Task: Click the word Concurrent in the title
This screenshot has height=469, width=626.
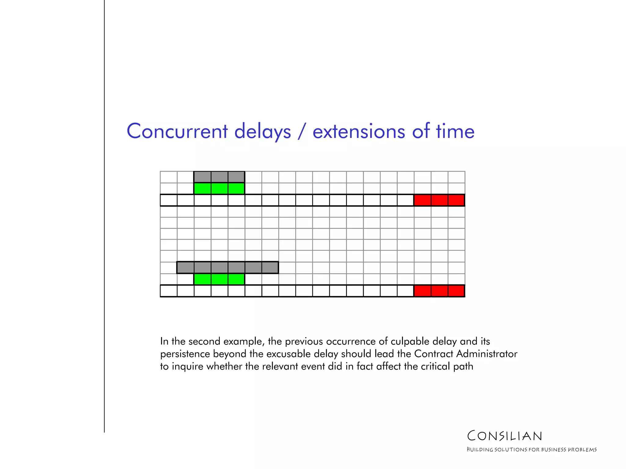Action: pos(177,131)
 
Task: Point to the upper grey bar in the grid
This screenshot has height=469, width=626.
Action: pos(219,177)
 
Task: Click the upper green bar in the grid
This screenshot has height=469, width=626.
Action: pos(219,188)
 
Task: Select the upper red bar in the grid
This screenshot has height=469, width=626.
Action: pos(439,200)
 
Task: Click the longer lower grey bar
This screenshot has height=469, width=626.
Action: pos(227,267)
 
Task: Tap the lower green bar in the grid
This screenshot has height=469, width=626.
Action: pos(219,279)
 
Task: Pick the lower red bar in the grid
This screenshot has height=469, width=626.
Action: pos(439,291)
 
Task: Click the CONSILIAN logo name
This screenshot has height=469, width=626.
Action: pos(505,436)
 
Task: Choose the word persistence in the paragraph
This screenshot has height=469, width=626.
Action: pos(185,354)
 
